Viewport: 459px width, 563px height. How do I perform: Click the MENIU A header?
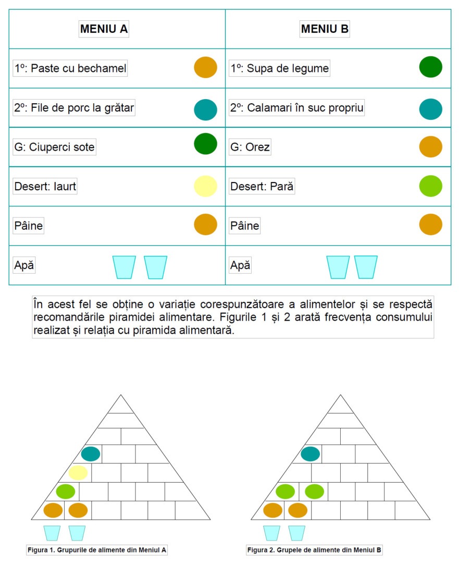pyautogui.click(x=104, y=29)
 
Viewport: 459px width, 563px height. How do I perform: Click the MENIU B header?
pyautogui.click(x=325, y=29)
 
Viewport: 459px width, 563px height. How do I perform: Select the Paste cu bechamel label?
pyautogui.click(x=70, y=68)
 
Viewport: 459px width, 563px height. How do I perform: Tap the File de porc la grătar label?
pyautogui.click(x=74, y=108)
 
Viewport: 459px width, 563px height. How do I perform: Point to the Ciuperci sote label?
pyautogui.click(x=55, y=147)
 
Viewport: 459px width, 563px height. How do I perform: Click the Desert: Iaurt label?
pyautogui.click(x=45, y=186)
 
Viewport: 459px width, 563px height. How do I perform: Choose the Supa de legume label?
pyautogui.click(x=280, y=68)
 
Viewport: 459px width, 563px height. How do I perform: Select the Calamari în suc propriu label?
pyautogui.click(x=297, y=108)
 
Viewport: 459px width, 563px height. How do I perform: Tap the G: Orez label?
pyautogui.click(x=250, y=147)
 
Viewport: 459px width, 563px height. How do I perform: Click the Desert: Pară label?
pyautogui.click(x=262, y=186)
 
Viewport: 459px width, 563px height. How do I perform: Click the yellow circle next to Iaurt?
pyautogui.click(x=205, y=186)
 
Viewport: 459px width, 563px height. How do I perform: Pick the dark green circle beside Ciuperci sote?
pyautogui.click(x=205, y=144)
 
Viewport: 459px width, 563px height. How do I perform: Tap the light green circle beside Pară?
pyautogui.click(x=431, y=186)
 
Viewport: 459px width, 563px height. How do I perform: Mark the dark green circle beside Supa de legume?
pyautogui.click(x=431, y=67)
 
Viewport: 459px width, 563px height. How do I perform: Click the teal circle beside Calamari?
pyautogui.click(x=431, y=109)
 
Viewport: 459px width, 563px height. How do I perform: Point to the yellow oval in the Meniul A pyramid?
pyautogui.click(x=78, y=473)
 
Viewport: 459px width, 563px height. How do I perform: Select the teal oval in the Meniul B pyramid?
pyautogui.click(x=311, y=454)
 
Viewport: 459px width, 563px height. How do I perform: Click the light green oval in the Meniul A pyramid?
pyautogui.click(x=66, y=492)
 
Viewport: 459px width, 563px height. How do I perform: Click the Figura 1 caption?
pyautogui.click(x=97, y=550)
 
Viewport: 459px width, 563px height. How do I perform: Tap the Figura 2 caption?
pyautogui.click(x=315, y=550)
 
